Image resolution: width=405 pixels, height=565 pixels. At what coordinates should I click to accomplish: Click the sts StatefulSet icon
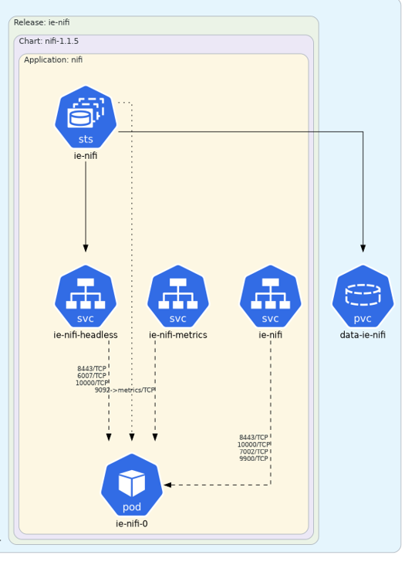86,117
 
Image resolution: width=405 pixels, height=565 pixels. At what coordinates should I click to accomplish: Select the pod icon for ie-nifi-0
132,485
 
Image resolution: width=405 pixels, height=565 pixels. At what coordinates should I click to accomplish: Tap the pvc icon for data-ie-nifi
363,296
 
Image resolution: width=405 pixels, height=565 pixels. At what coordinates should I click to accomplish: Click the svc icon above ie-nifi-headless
86,296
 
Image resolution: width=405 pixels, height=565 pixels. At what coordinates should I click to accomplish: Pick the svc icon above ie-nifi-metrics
178,296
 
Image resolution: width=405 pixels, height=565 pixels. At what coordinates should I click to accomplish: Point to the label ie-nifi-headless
86,335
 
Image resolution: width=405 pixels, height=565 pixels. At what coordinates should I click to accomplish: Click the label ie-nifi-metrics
178,335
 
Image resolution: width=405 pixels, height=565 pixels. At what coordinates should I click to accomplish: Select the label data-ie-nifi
363,335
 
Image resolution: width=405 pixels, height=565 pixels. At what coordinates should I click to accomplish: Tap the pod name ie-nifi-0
132,523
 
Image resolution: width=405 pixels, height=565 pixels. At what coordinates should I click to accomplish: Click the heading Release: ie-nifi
42,22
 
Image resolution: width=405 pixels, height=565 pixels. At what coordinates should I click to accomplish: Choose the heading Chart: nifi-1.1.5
49,41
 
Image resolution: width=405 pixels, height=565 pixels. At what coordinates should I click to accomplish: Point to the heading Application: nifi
53,59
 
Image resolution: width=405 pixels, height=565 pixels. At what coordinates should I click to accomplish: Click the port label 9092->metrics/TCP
124,390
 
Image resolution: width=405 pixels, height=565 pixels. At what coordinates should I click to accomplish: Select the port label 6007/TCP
92,376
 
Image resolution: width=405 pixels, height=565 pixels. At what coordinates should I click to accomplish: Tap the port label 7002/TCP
254,452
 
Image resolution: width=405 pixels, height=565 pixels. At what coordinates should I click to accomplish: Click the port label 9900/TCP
254,458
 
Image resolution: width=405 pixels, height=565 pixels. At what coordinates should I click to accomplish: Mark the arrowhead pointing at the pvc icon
363,249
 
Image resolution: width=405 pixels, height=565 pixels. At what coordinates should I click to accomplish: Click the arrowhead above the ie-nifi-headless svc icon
86,249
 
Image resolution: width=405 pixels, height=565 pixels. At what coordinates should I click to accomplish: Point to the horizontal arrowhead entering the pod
167,485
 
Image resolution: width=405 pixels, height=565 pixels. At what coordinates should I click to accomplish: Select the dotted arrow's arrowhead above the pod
132,437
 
